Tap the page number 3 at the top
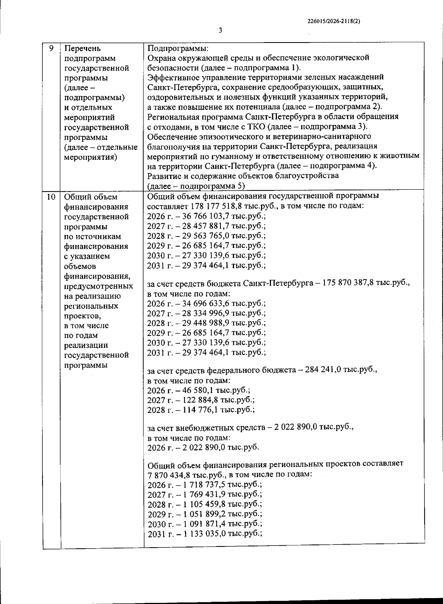(220, 31)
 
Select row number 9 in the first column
(51, 48)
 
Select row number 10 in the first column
(51, 197)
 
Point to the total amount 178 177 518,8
(221, 206)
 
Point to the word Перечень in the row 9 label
(83, 48)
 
